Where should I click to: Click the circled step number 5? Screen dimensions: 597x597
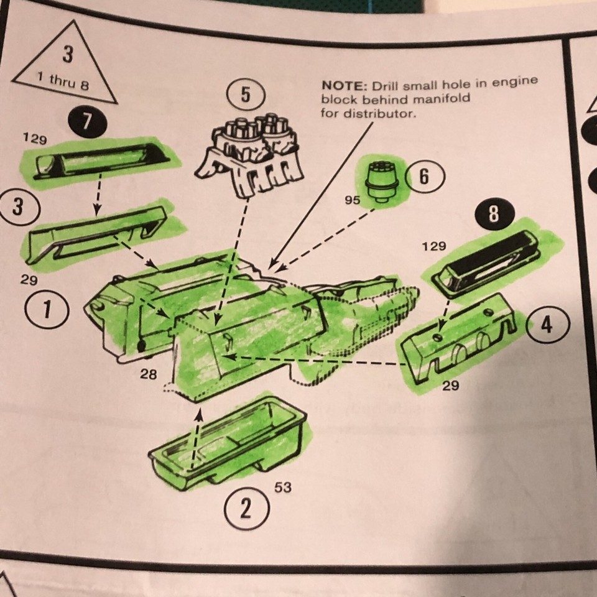click(x=246, y=95)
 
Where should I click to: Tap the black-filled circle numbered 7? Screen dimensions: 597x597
click(x=87, y=121)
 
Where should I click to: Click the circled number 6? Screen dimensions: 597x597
click(x=425, y=177)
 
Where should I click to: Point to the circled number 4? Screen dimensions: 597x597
click(x=547, y=325)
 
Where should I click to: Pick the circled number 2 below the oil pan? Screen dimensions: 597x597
click(x=246, y=508)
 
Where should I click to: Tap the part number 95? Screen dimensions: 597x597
click(x=353, y=200)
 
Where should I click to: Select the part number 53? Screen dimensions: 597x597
click(x=283, y=487)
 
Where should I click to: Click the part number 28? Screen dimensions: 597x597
click(x=149, y=374)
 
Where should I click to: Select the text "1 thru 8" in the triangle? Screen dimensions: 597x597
click(x=63, y=81)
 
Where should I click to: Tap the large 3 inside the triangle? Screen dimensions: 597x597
click(x=67, y=53)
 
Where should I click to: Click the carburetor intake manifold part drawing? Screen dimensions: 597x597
click(x=249, y=156)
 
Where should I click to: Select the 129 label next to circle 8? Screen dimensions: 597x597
click(x=434, y=246)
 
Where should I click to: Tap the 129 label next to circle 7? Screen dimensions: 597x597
click(x=35, y=139)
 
